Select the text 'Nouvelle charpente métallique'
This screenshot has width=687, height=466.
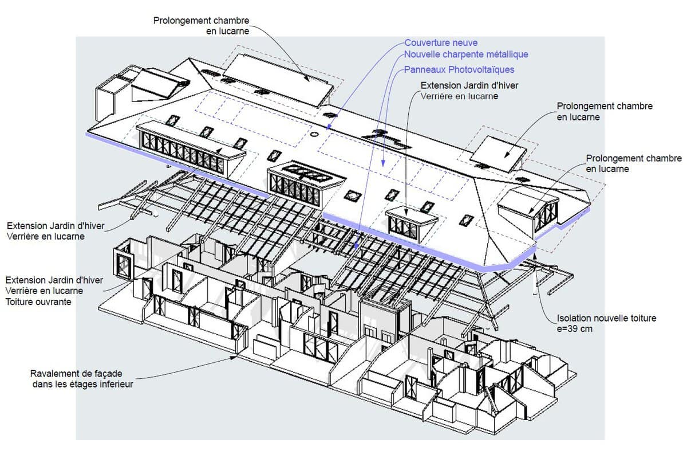466,54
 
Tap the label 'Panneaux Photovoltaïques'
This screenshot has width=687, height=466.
459,70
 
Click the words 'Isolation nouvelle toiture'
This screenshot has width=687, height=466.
606,318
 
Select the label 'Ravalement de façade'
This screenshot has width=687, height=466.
76,374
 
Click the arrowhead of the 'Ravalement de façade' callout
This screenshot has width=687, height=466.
234,358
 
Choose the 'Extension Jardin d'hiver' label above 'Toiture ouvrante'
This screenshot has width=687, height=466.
54,280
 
